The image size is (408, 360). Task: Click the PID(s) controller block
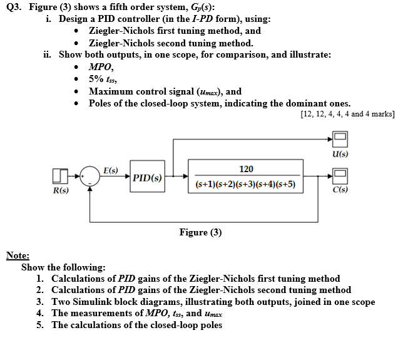pos(147,178)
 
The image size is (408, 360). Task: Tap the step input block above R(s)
pos(59,177)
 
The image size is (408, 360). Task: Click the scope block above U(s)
pos(339,138)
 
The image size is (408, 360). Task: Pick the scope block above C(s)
pos(339,178)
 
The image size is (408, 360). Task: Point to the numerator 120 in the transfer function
pos(246,169)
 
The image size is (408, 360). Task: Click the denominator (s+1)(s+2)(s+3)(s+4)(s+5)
pos(246,185)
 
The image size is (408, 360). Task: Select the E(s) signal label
pos(111,169)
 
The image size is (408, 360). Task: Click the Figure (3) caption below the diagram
pos(200,232)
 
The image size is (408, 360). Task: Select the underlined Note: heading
pos(18,255)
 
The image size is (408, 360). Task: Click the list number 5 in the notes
pos(39,325)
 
